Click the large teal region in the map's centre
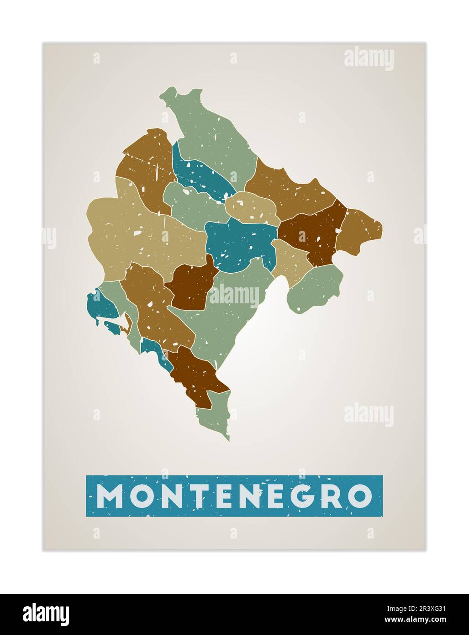(x=240, y=242)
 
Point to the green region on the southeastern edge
(x=315, y=288)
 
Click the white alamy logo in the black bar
(x=46, y=614)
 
